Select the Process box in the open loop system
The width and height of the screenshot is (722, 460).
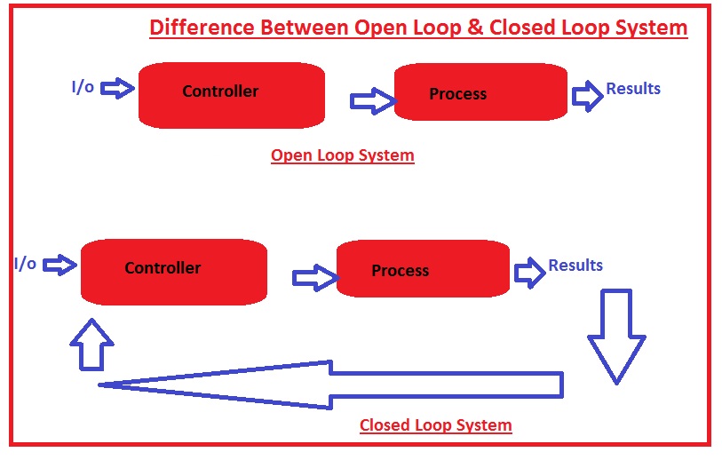click(480, 92)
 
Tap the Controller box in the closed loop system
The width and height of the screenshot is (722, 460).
click(173, 270)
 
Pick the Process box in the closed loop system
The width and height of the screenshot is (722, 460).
click(423, 269)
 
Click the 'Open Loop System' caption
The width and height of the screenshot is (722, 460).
click(342, 155)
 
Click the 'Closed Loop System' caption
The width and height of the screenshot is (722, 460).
click(435, 425)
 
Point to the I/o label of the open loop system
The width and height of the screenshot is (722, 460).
click(83, 87)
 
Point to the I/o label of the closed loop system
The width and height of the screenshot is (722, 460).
click(25, 264)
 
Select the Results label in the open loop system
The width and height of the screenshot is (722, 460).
click(633, 88)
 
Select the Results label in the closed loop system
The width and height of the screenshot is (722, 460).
click(575, 265)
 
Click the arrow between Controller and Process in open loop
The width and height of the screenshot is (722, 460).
click(371, 101)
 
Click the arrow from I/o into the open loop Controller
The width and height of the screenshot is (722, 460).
click(118, 87)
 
